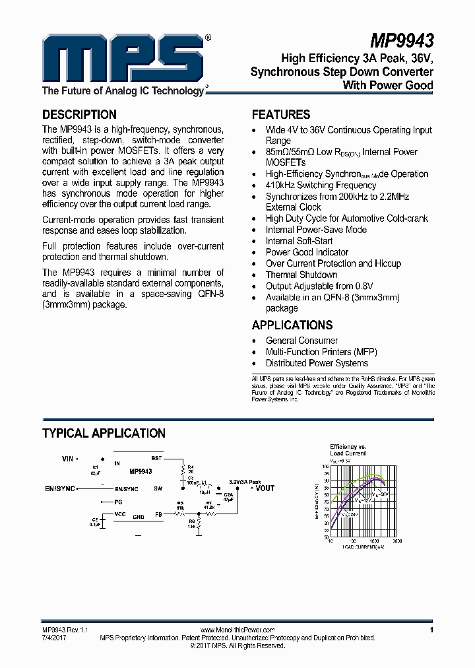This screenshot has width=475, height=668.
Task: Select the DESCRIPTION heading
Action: click(x=79, y=114)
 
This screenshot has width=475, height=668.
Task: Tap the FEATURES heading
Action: click(x=281, y=114)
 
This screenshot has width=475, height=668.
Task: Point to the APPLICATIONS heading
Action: click(x=292, y=325)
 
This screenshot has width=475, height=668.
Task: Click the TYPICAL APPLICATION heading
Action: click(x=104, y=433)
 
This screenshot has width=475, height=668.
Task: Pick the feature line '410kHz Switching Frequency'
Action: click(x=321, y=185)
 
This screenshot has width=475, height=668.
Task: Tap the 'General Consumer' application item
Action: click(x=301, y=341)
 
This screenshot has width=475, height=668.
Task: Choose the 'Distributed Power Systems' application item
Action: click(x=317, y=363)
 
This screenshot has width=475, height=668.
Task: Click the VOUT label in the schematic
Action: click(x=265, y=488)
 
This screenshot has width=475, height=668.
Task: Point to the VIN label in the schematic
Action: click(x=68, y=458)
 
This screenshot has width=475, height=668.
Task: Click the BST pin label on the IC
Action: click(x=156, y=457)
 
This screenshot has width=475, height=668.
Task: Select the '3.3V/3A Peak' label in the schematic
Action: click(x=245, y=482)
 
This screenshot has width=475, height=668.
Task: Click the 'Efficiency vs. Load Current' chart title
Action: click(x=348, y=450)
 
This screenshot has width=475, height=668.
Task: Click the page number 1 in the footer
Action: click(x=431, y=630)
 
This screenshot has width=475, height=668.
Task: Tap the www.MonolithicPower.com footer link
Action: click(x=237, y=630)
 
